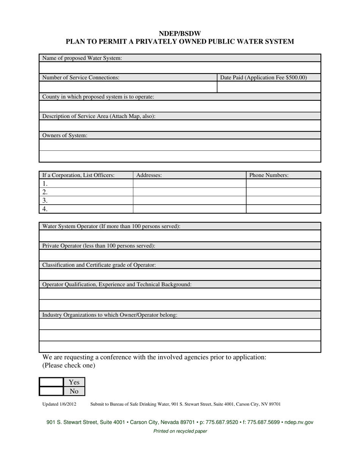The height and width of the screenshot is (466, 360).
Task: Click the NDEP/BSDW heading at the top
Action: coord(180,34)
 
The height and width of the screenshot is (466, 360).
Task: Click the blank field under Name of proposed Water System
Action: coord(180,67)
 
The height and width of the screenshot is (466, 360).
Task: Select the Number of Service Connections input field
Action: coord(128,87)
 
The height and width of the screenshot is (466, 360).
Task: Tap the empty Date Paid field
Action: coord(269,87)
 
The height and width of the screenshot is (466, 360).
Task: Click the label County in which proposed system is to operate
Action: coord(98,97)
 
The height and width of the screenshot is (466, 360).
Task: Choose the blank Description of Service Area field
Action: coord(180,125)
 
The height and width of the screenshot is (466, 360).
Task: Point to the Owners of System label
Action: coord(65,135)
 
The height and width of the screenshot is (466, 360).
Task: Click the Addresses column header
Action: coord(149,175)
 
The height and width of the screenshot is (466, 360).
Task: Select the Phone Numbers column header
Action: coord(269,175)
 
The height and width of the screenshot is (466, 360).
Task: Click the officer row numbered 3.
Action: coord(86,200)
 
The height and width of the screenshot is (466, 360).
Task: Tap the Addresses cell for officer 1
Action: coord(189,183)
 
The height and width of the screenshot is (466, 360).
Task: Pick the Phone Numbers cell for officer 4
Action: coord(283,209)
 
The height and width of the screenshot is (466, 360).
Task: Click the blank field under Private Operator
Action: coord(180,255)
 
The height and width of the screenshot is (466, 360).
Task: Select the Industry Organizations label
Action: coord(110,314)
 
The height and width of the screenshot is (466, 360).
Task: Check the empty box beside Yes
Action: coord(51,382)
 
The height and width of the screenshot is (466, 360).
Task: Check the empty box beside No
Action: coord(51,391)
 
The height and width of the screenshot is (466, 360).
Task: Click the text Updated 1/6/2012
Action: coord(59,404)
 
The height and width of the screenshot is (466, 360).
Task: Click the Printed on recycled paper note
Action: coord(180,431)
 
